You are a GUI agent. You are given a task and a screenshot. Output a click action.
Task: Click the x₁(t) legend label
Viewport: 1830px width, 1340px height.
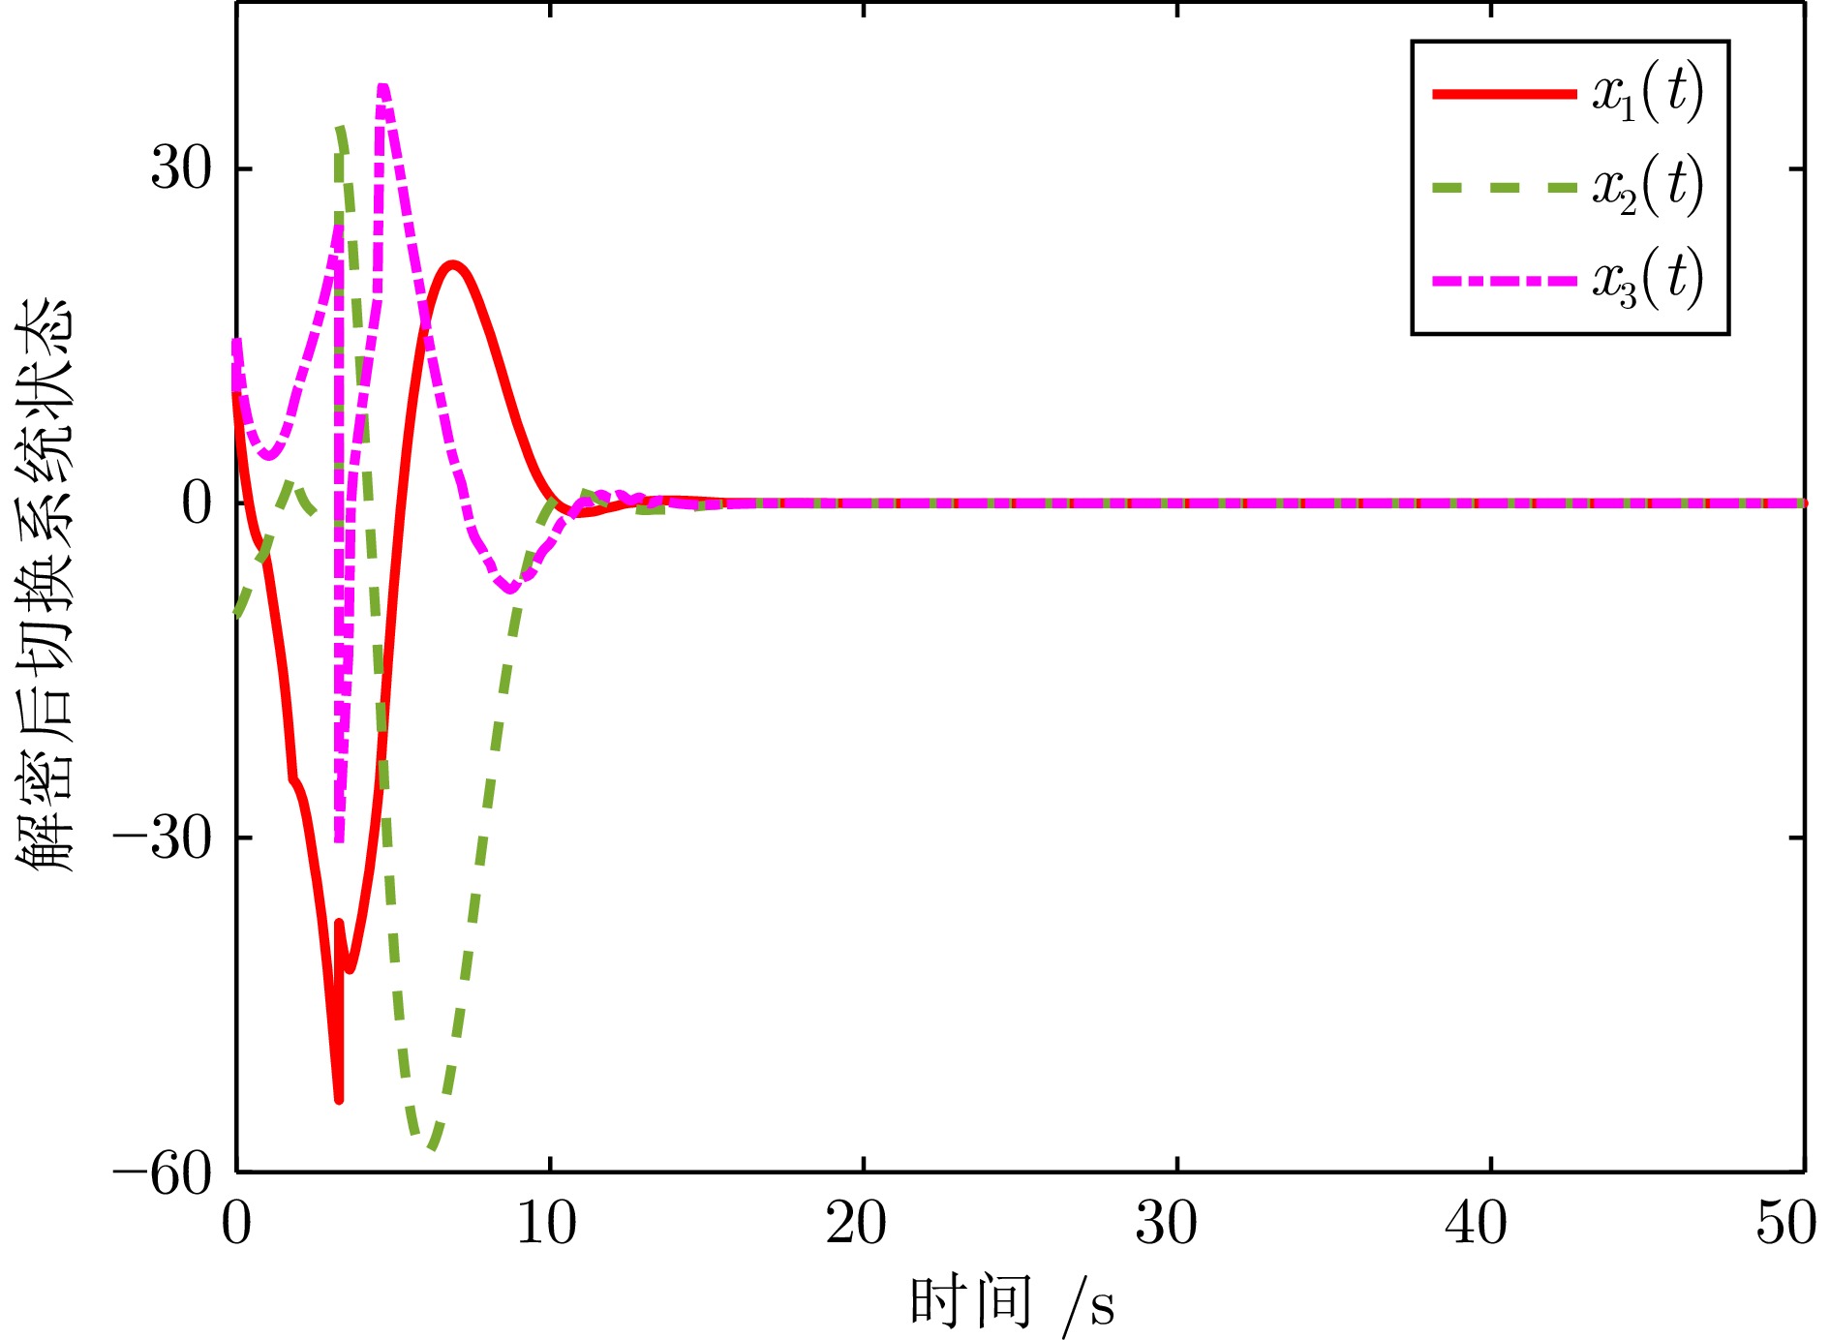pos(1647,94)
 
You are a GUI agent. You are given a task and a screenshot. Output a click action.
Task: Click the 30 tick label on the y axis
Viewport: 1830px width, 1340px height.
pos(181,169)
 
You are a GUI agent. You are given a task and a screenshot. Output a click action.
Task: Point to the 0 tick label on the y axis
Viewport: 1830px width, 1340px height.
pos(197,504)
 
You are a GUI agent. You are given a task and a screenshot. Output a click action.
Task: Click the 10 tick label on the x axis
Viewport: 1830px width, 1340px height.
pos(547,1225)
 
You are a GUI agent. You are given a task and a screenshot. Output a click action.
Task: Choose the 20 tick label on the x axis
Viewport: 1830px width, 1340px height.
pos(857,1225)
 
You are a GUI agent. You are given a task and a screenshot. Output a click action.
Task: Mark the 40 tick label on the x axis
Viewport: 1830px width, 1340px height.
pos(1477,1225)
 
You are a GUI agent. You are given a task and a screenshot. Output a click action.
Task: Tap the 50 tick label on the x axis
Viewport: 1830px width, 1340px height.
pos(1786,1225)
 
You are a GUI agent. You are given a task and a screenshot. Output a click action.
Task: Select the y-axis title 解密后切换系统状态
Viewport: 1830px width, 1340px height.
pos(46,586)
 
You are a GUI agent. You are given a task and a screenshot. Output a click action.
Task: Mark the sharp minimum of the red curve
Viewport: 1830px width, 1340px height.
pos(339,1099)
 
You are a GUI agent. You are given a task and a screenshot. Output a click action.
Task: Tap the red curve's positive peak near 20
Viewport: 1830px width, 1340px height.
pos(451,264)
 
